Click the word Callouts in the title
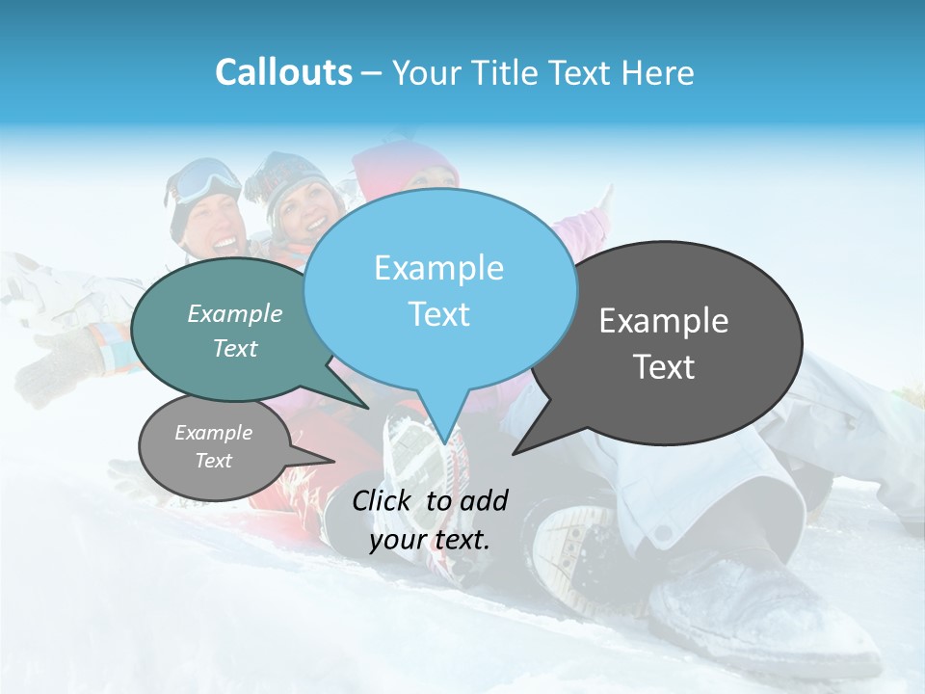pos(283,72)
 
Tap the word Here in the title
pos(657,73)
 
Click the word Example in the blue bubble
pos(438,268)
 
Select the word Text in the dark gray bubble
pos(664,367)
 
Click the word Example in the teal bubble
pos(235,313)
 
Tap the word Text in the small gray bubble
pos(214,461)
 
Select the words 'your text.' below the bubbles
pos(430,540)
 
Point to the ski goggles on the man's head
pos(207,180)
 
